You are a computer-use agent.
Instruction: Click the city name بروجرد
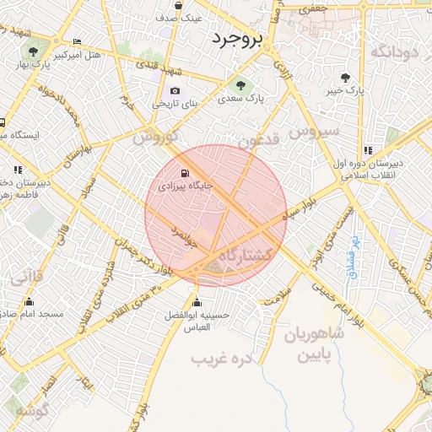tap(238, 39)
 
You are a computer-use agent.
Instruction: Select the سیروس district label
tap(314, 131)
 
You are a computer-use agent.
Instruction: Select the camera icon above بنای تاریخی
tap(175, 91)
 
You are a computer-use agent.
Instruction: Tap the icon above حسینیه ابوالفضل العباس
tap(197, 303)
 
